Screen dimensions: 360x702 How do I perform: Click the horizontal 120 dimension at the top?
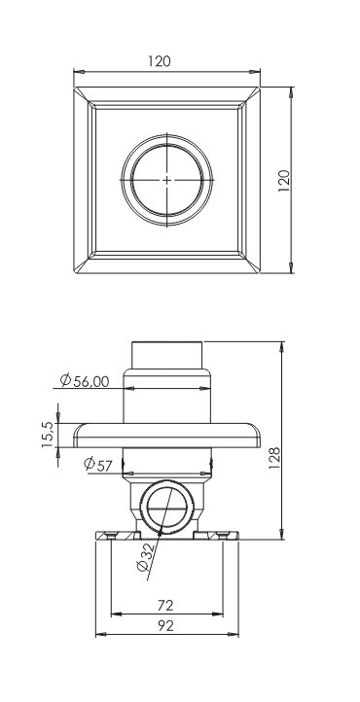coord(160,61)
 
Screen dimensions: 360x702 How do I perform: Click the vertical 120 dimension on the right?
coord(284,181)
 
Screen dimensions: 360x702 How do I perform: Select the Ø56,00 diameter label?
coord(85,380)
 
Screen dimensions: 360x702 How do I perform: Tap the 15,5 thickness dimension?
coord(48,436)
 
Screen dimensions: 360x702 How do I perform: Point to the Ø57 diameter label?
coord(98,465)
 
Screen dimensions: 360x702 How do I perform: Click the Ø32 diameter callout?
coord(146,556)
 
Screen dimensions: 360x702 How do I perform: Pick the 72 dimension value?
coord(165,606)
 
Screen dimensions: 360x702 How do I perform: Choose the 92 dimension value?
coord(165,625)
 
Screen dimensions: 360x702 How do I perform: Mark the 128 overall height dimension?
coord(274,458)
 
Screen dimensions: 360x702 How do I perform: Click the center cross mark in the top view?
coord(166,180)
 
